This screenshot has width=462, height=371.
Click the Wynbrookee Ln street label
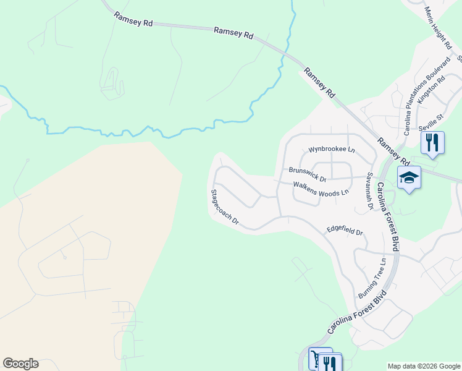(332, 150)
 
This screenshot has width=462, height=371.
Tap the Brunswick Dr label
(307, 171)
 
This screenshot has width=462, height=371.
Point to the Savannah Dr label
(370, 190)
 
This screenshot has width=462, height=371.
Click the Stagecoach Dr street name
(224, 207)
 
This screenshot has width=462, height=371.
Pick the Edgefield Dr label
(345, 231)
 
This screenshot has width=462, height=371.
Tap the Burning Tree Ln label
(372, 279)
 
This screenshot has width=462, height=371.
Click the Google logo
(20, 364)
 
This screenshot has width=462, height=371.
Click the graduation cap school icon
(409, 178)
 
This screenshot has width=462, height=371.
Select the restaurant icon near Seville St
(432, 143)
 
